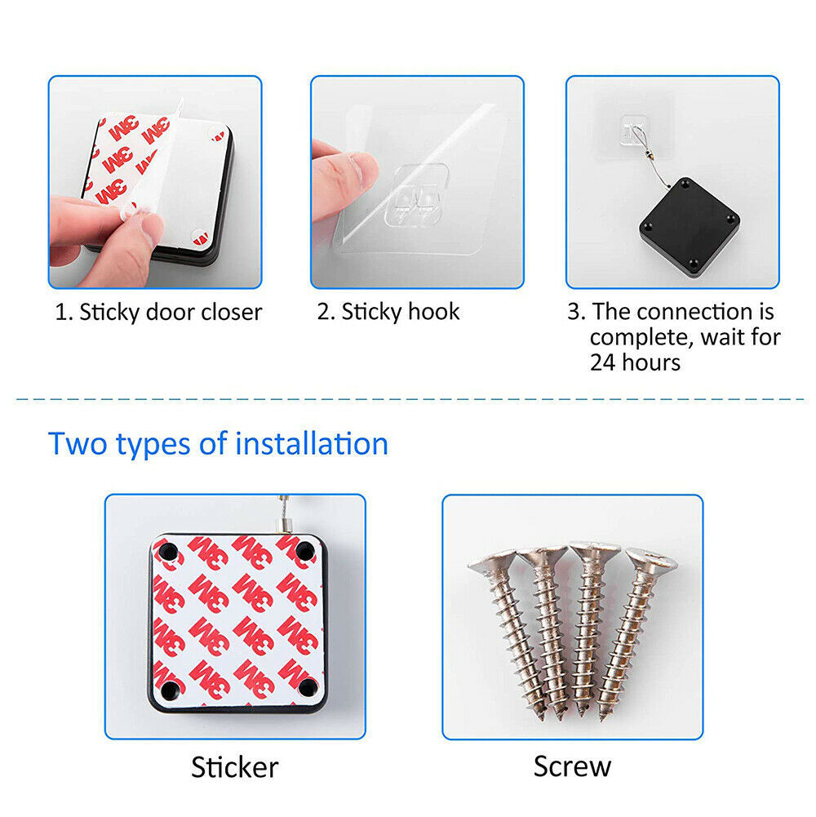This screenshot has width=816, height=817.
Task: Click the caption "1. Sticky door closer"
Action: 158,312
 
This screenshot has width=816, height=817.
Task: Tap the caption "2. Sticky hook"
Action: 388,312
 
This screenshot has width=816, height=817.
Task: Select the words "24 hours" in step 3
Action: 635,362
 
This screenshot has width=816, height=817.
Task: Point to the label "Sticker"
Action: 234,767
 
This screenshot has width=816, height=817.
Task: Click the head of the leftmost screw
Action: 491,562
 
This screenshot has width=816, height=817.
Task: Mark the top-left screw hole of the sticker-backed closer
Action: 168,551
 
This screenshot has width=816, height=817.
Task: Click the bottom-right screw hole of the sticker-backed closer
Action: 308,687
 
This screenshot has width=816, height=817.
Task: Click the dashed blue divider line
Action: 411,400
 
